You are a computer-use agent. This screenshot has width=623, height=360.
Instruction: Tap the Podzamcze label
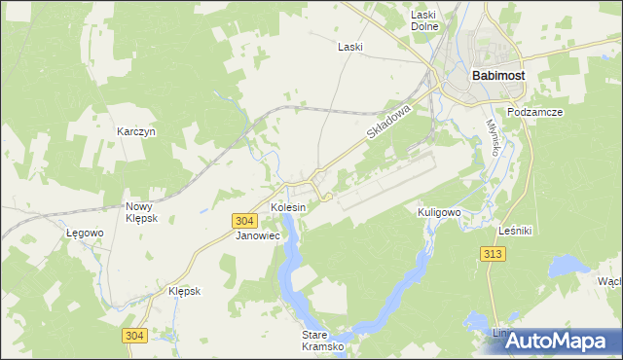[535, 112]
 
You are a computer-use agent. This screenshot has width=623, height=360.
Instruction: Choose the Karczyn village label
[136, 131]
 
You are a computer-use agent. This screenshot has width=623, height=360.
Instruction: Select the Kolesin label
[288, 208]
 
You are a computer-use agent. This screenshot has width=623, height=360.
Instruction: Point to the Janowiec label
[258, 235]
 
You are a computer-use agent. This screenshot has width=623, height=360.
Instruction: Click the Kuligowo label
[438, 211]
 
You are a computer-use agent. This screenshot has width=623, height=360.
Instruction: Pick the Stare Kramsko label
[308, 340]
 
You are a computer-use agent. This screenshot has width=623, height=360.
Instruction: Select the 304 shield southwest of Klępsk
[135, 336]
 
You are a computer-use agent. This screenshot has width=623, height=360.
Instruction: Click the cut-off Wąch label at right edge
[610, 281]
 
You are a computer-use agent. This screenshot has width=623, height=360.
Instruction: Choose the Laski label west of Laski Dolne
[349, 47]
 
